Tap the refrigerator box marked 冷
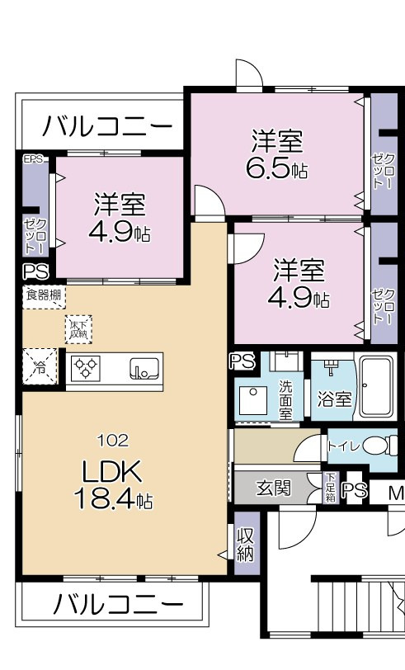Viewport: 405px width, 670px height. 39,367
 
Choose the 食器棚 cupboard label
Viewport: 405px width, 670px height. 41,295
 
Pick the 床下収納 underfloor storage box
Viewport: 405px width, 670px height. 79,328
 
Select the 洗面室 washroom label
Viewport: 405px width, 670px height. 285,399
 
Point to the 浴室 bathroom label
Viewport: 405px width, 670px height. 335,399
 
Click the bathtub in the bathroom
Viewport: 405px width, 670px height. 379,387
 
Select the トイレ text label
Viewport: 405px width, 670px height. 342,446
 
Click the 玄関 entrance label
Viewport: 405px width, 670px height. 272,488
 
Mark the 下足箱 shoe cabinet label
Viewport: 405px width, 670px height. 330,488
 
